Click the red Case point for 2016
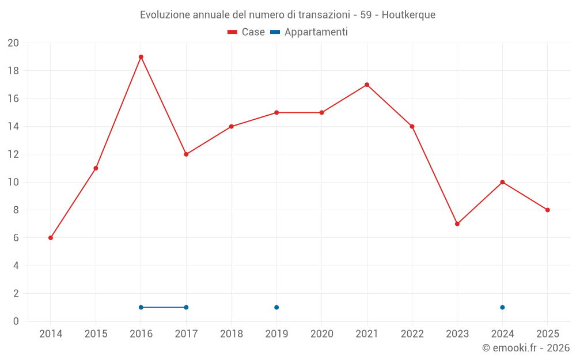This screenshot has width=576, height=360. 141,57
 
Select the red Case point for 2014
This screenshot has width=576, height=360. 51,238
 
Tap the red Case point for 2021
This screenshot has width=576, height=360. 367,85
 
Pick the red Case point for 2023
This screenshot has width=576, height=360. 457,224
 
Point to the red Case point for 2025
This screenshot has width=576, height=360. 548,210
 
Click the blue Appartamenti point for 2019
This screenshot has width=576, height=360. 276,308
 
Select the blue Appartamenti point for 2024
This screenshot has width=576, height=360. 502,308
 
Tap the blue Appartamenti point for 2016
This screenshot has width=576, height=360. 141,308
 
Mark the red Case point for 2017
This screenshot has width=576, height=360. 186,154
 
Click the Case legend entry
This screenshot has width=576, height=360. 247,32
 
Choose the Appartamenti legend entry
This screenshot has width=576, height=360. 309,32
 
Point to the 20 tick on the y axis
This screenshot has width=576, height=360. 13,43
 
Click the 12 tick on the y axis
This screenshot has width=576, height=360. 13,154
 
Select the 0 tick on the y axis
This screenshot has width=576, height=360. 16,321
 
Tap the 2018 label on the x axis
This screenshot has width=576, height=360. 232,334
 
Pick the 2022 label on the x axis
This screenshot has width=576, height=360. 412,334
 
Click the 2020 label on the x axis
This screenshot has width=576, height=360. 322,334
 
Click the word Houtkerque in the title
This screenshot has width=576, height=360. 408,14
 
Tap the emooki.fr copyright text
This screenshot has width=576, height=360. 526,348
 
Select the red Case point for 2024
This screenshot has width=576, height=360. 502,182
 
